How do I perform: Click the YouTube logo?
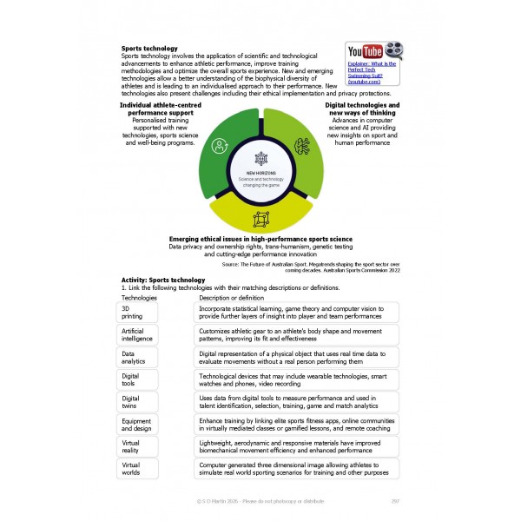(366, 51)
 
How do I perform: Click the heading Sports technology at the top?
(149, 49)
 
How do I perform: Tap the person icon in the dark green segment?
(221, 145)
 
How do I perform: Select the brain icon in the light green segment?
(303, 145)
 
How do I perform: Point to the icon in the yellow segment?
(261, 218)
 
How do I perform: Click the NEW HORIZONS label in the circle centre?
(261, 172)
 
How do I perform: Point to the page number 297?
(394, 501)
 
